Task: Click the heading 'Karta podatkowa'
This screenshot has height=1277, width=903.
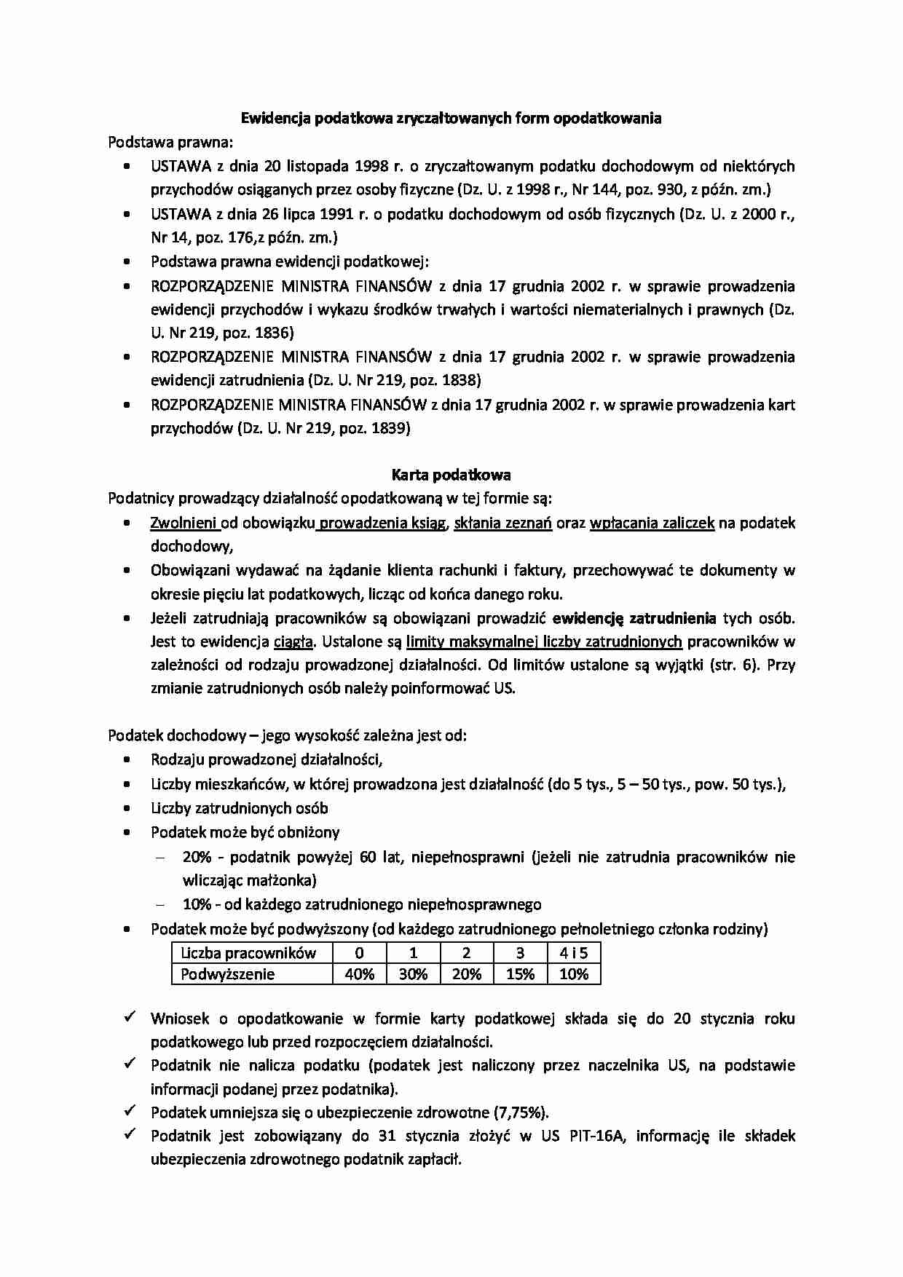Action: (451, 475)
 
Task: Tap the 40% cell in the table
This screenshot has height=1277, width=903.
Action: (359, 974)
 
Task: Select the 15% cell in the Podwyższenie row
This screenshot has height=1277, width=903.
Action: (520, 974)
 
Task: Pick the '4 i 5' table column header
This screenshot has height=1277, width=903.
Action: (573, 953)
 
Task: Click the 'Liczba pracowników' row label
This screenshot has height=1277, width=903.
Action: (248, 953)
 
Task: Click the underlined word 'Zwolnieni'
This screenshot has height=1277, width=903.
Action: (184, 523)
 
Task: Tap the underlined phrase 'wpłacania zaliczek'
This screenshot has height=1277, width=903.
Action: (652, 523)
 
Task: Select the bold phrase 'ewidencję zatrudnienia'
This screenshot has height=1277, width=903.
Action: (634, 619)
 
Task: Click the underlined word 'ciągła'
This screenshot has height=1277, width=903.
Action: (293, 642)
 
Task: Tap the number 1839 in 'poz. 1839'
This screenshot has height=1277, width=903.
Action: (390, 428)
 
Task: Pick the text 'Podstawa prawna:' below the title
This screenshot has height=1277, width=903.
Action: (170, 142)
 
